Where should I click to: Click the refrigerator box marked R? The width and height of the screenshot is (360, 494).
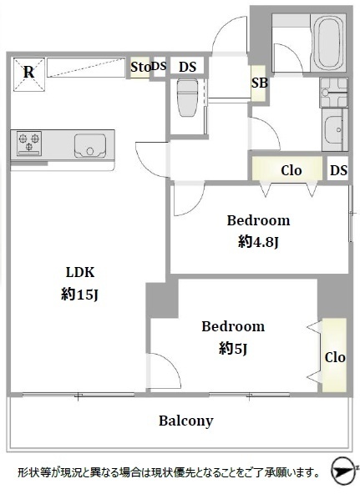[29, 74]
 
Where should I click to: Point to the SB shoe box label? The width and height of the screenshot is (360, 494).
[259, 83]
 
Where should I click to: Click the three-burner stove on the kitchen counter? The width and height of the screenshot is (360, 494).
[29, 144]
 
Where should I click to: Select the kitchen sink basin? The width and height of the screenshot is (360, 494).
[90, 146]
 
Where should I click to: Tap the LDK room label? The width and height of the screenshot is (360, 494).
[80, 272]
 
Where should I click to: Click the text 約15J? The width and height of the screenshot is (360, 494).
[80, 295]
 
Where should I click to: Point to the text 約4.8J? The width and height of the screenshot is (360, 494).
[258, 242]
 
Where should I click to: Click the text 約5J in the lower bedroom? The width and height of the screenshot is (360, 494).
[233, 349]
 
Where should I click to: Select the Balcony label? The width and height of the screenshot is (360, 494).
[186, 421]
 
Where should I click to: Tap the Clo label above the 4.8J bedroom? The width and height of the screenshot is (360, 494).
[292, 170]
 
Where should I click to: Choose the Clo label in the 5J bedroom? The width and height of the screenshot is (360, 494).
[335, 358]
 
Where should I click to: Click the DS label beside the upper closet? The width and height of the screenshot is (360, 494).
[338, 170]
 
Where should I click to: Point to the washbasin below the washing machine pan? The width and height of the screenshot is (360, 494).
[334, 129]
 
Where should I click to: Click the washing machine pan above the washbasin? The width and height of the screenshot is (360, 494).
[334, 93]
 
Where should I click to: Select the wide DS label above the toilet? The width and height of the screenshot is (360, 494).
[188, 67]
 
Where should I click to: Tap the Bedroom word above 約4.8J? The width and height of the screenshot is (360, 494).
[258, 220]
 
